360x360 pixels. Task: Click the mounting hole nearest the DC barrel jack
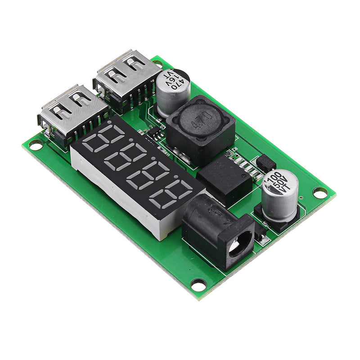coord(198,284)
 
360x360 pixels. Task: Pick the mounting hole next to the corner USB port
coord(35,145)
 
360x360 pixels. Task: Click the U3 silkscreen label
coord(163,127)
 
